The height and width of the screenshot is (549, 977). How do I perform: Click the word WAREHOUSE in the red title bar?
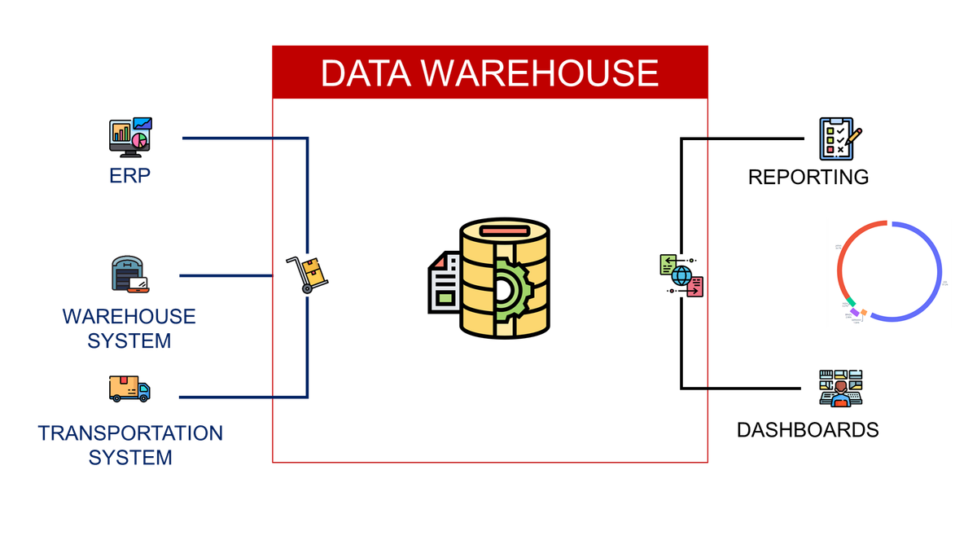(x=541, y=73)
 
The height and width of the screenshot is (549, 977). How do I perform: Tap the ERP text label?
(x=130, y=176)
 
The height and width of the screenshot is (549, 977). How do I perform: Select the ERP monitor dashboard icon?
(x=130, y=137)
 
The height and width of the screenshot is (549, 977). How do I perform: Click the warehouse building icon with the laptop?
(x=130, y=275)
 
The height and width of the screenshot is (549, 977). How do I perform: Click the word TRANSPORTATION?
(x=130, y=433)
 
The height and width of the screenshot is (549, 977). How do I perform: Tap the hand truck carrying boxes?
(x=308, y=274)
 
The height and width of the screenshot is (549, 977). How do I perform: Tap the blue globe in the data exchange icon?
(x=681, y=275)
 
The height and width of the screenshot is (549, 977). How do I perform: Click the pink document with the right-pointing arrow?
(x=694, y=287)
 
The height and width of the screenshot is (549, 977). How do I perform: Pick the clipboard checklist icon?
(x=839, y=139)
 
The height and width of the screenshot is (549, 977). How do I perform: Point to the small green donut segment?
(x=851, y=302)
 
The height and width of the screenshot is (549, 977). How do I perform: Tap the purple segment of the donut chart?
(x=855, y=312)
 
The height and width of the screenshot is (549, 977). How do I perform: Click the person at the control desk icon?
(x=840, y=389)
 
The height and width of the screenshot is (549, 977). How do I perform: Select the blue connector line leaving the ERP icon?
(x=244, y=138)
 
